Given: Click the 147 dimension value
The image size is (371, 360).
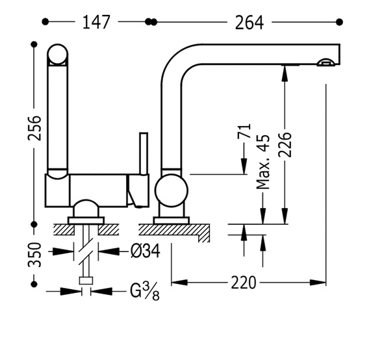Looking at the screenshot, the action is click(x=96, y=22).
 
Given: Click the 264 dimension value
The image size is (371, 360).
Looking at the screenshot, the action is click(x=249, y=23).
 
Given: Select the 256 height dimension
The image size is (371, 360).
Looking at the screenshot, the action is click(x=34, y=128).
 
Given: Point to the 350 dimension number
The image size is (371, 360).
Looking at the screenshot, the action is click(x=34, y=255).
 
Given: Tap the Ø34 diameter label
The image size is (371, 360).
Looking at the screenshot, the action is click(x=146, y=251).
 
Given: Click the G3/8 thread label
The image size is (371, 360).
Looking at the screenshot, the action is click(x=145, y=292).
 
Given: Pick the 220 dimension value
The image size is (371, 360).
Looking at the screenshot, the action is click(x=244, y=283).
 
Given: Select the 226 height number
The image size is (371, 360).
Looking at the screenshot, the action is click(x=285, y=145).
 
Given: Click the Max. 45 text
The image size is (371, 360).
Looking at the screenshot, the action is click(x=263, y=162).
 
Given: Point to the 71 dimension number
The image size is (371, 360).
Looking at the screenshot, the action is click(x=244, y=131).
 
